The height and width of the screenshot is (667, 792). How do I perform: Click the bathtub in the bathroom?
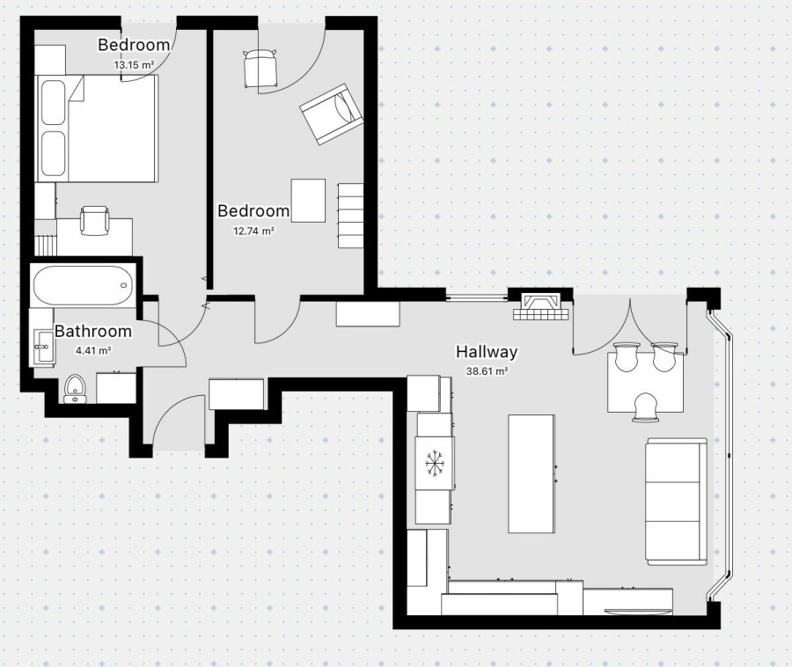84,285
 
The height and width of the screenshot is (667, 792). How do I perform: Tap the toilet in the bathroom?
76,389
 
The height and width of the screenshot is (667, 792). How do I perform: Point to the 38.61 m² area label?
487,371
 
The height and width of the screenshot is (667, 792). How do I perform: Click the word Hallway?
487,351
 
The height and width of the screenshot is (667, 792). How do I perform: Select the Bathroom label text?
93,331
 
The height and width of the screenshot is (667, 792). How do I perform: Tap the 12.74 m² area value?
253,231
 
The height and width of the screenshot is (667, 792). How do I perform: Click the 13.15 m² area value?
134,64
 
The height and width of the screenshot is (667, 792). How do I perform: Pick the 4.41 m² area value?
93,350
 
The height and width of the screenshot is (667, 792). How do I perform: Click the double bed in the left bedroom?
97,128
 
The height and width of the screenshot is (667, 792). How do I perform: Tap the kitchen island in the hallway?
532,473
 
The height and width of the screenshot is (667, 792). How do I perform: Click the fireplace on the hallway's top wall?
541,306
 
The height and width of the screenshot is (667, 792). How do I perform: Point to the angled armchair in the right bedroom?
332,114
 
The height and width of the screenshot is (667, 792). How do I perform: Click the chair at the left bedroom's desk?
94,221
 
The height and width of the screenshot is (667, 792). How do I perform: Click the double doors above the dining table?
630,327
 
